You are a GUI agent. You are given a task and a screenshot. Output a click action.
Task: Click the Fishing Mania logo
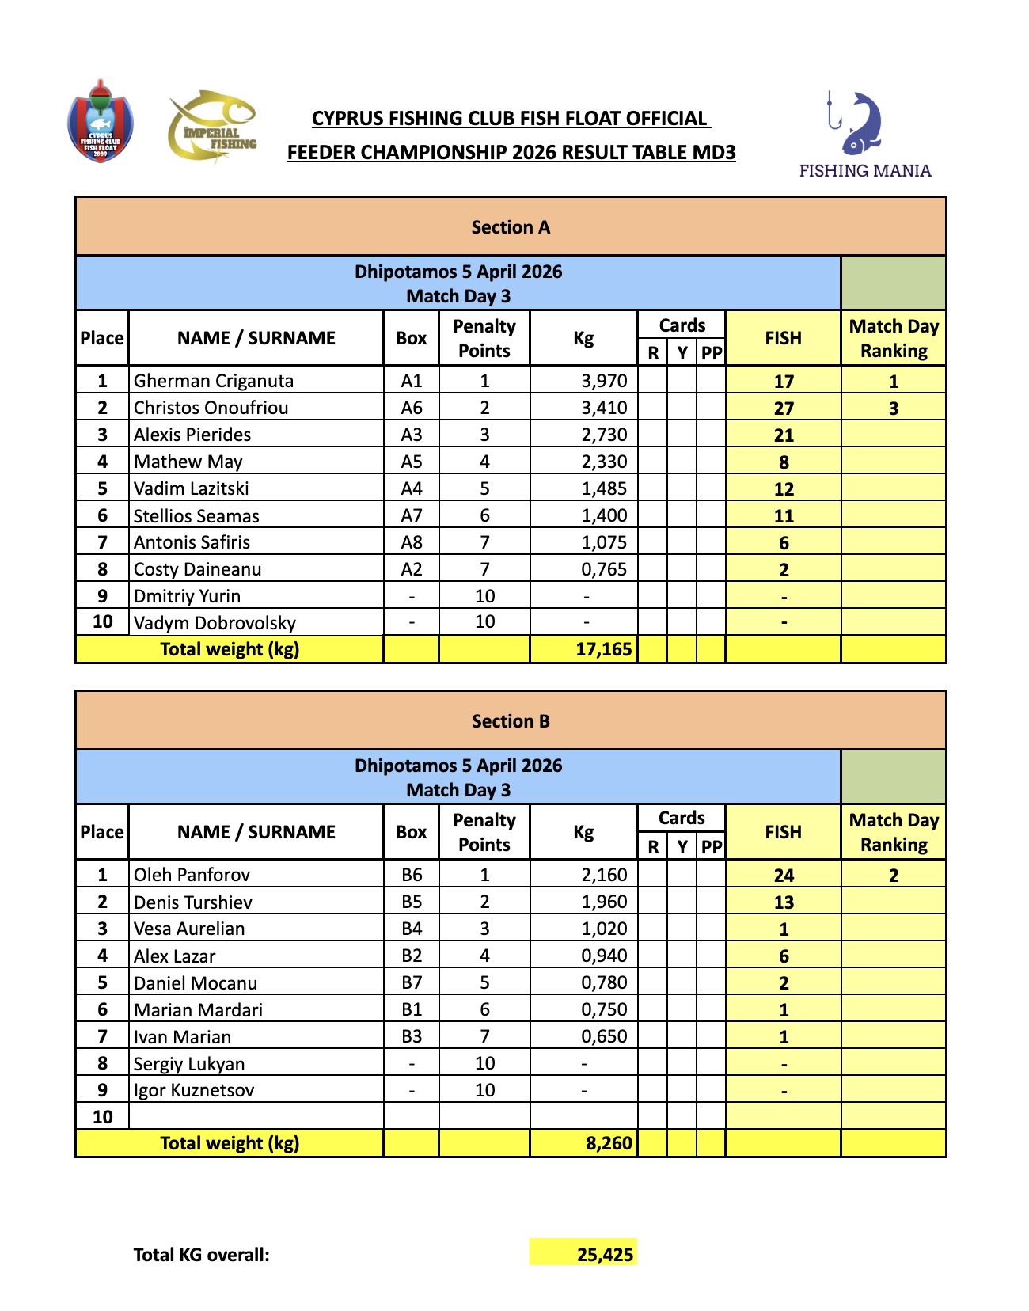point(864,135)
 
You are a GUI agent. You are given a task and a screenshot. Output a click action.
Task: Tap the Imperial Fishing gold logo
point(212,127)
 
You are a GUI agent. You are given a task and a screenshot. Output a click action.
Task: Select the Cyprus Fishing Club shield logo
point(101,122)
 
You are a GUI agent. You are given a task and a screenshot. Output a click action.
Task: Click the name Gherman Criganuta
point(214,381)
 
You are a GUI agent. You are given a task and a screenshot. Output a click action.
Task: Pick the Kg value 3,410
point(604,408)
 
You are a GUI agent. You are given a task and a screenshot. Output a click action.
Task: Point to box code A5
point(412,462)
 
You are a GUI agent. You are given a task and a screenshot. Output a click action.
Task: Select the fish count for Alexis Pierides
point(784,435)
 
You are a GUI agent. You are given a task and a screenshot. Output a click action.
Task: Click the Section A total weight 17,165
point(603,650)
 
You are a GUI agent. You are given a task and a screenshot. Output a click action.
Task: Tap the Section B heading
point(511,721)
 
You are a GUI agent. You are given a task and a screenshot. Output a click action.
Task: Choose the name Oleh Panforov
point(192,875)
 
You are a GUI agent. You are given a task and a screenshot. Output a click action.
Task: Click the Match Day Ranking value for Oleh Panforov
point(894,876)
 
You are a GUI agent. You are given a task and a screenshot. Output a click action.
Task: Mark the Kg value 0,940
point(604,956)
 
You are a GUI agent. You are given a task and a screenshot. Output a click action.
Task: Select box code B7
point(412,982)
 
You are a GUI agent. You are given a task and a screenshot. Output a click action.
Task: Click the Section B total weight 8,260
point(609,1143)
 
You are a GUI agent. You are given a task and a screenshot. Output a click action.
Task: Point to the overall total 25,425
point(605,1255)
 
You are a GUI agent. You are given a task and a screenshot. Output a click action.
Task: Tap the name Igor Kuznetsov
point(194,1090)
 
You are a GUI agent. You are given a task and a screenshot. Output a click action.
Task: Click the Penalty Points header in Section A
point(484,338)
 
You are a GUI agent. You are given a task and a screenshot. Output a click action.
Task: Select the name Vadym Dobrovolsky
point(215,623)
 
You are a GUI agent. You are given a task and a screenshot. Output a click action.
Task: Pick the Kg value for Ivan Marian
point(604,1036)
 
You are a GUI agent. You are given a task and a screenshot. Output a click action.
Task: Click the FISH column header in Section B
point(784,832)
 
